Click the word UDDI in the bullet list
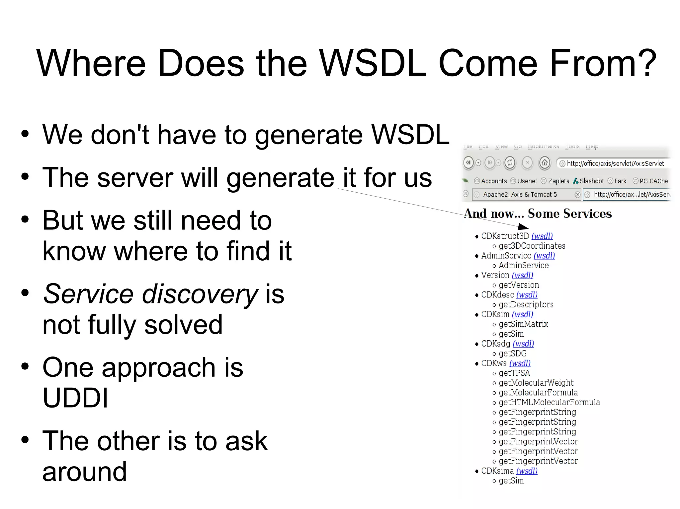[x=75, y=398]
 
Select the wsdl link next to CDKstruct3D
[x=542, y=236]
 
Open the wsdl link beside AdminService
[x=544, y=256]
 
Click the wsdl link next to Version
[x=522, y=275]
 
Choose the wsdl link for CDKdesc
[x=527, y=295]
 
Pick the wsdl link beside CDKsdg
[x=523, y=344]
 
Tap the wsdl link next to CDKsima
[x=527, y=471]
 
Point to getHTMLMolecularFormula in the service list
[x=549, y=402]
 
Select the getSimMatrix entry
[x=523, y=324]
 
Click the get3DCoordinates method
[x=532, y=246]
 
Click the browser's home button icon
[x=545, y=163]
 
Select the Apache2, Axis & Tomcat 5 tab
[x=520, y=195]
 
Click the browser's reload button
[x=510, y=163]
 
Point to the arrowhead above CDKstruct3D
[x=524, y=227]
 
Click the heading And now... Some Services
[x=538, y=214]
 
